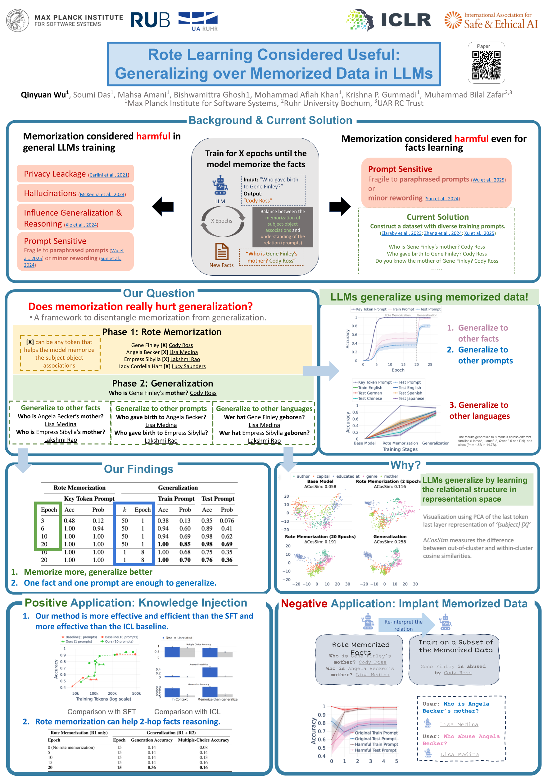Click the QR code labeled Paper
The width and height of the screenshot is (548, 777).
tap(486, 65)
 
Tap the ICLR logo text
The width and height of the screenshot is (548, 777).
tap(406, 20)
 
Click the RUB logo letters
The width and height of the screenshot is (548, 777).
tap(150, 20)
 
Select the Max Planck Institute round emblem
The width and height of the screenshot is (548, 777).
tap(18, 20)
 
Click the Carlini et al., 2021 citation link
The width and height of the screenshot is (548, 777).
tap(109, 175)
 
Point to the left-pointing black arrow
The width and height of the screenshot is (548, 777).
tap(163, 206)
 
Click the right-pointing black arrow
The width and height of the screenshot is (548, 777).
tap(340, 206)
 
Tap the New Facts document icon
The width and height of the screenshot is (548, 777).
tap(222, 251)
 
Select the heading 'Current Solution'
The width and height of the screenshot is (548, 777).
tap(437, 217)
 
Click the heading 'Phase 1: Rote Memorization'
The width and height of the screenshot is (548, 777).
tap(162, 332)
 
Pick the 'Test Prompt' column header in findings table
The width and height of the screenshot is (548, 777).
tap(218, 499)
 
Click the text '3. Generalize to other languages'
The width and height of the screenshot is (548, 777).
tap(479, 410)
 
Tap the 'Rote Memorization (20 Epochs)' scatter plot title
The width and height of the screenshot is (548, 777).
tap(320, 536)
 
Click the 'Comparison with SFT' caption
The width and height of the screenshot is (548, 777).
tap(102, 712)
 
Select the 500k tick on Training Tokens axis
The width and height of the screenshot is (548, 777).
tap(136, 693)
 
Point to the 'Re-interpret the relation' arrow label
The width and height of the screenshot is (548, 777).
tap(403, 625)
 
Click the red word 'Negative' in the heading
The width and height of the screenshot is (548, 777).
tap(304, 604)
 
